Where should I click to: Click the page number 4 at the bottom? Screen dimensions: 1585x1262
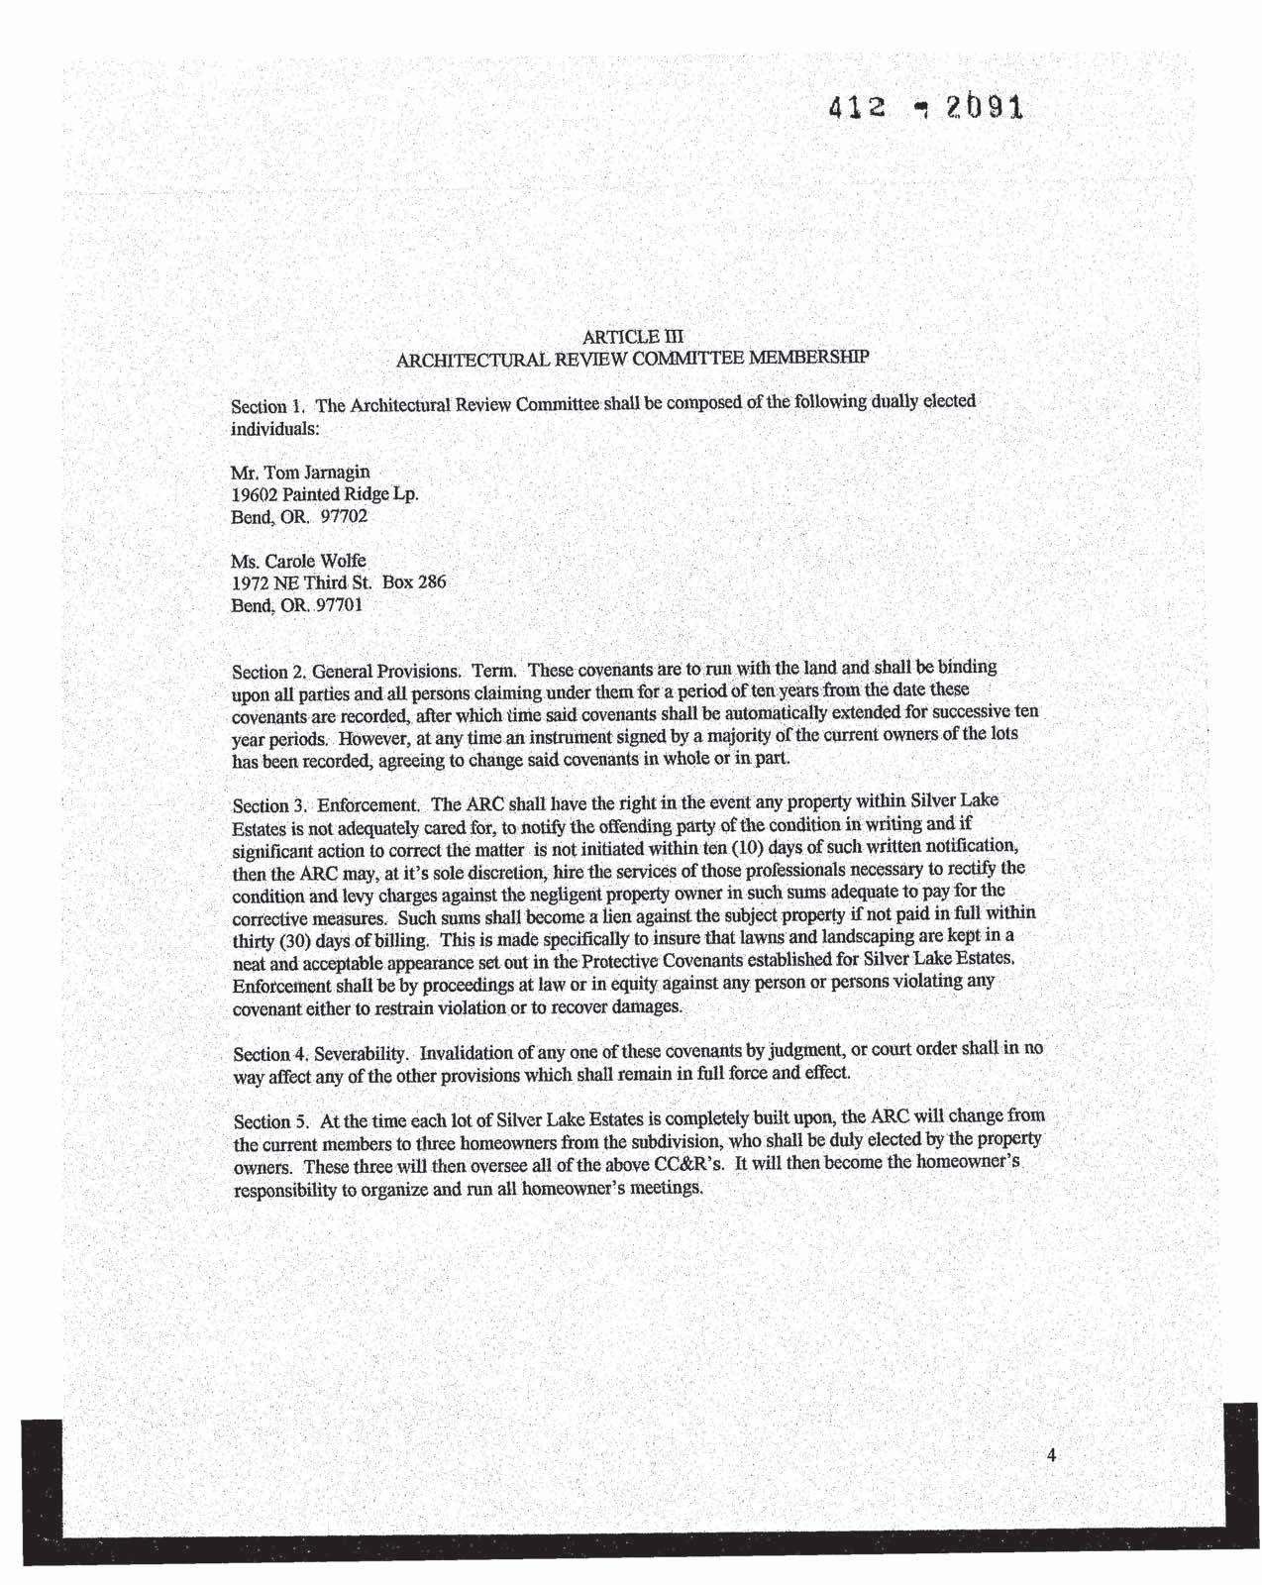point(1051,1455)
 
